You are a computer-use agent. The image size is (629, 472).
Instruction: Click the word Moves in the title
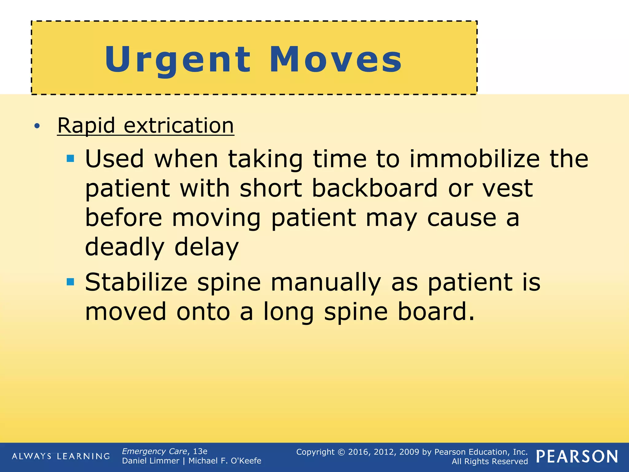coord(335,60)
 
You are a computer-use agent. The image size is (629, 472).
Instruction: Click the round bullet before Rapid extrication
coord(37,126)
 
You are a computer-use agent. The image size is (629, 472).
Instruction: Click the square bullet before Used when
coord(71,159)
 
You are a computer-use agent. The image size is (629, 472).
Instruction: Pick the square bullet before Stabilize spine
coord(71,282)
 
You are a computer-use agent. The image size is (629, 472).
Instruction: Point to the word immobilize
coord(475,159)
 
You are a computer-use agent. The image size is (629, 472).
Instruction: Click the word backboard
coord(375,188)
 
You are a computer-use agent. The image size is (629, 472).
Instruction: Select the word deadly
coord(125,247)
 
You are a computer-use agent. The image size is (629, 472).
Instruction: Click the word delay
coord(206,247)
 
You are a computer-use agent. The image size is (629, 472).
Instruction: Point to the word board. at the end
coord(436,312)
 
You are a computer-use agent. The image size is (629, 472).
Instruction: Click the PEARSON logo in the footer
coord(577,457)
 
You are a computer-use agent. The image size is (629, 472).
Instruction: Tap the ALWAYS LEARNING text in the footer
coord(61,456)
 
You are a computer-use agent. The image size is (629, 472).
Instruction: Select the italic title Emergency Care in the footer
coord(154,451)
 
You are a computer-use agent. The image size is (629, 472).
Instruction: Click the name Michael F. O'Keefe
coord(225,461)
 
